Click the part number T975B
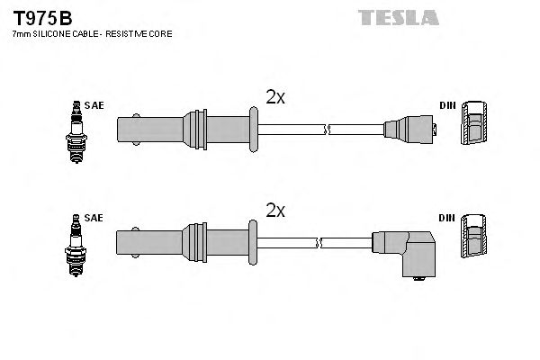click(42, 17)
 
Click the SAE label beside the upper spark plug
click(95, 105)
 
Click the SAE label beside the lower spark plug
click(95, 219)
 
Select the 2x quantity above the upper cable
click(275, 95)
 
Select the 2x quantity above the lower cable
click(275, 211)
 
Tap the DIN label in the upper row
click(446, 105)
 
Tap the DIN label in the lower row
click(446, 219)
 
